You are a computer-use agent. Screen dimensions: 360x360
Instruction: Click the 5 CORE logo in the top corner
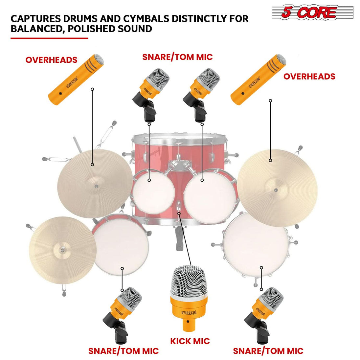(x=312, y=12)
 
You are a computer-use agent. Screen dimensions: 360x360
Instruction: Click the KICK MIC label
(x=190, y=341)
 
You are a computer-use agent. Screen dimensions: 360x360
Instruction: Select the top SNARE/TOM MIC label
(x=177, y=57)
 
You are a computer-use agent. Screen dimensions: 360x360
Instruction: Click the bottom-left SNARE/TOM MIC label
(x=124, y=351)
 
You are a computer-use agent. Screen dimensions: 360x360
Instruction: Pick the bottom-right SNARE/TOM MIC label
(x=268, y=351)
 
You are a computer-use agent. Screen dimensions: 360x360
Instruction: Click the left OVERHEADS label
(x=52, y=60)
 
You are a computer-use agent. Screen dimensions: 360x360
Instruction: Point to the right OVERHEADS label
(x=309, y=76)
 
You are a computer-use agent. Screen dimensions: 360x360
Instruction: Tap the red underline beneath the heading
(x=49, y=38)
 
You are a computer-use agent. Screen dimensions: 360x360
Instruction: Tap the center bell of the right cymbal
(x=276, y=190)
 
